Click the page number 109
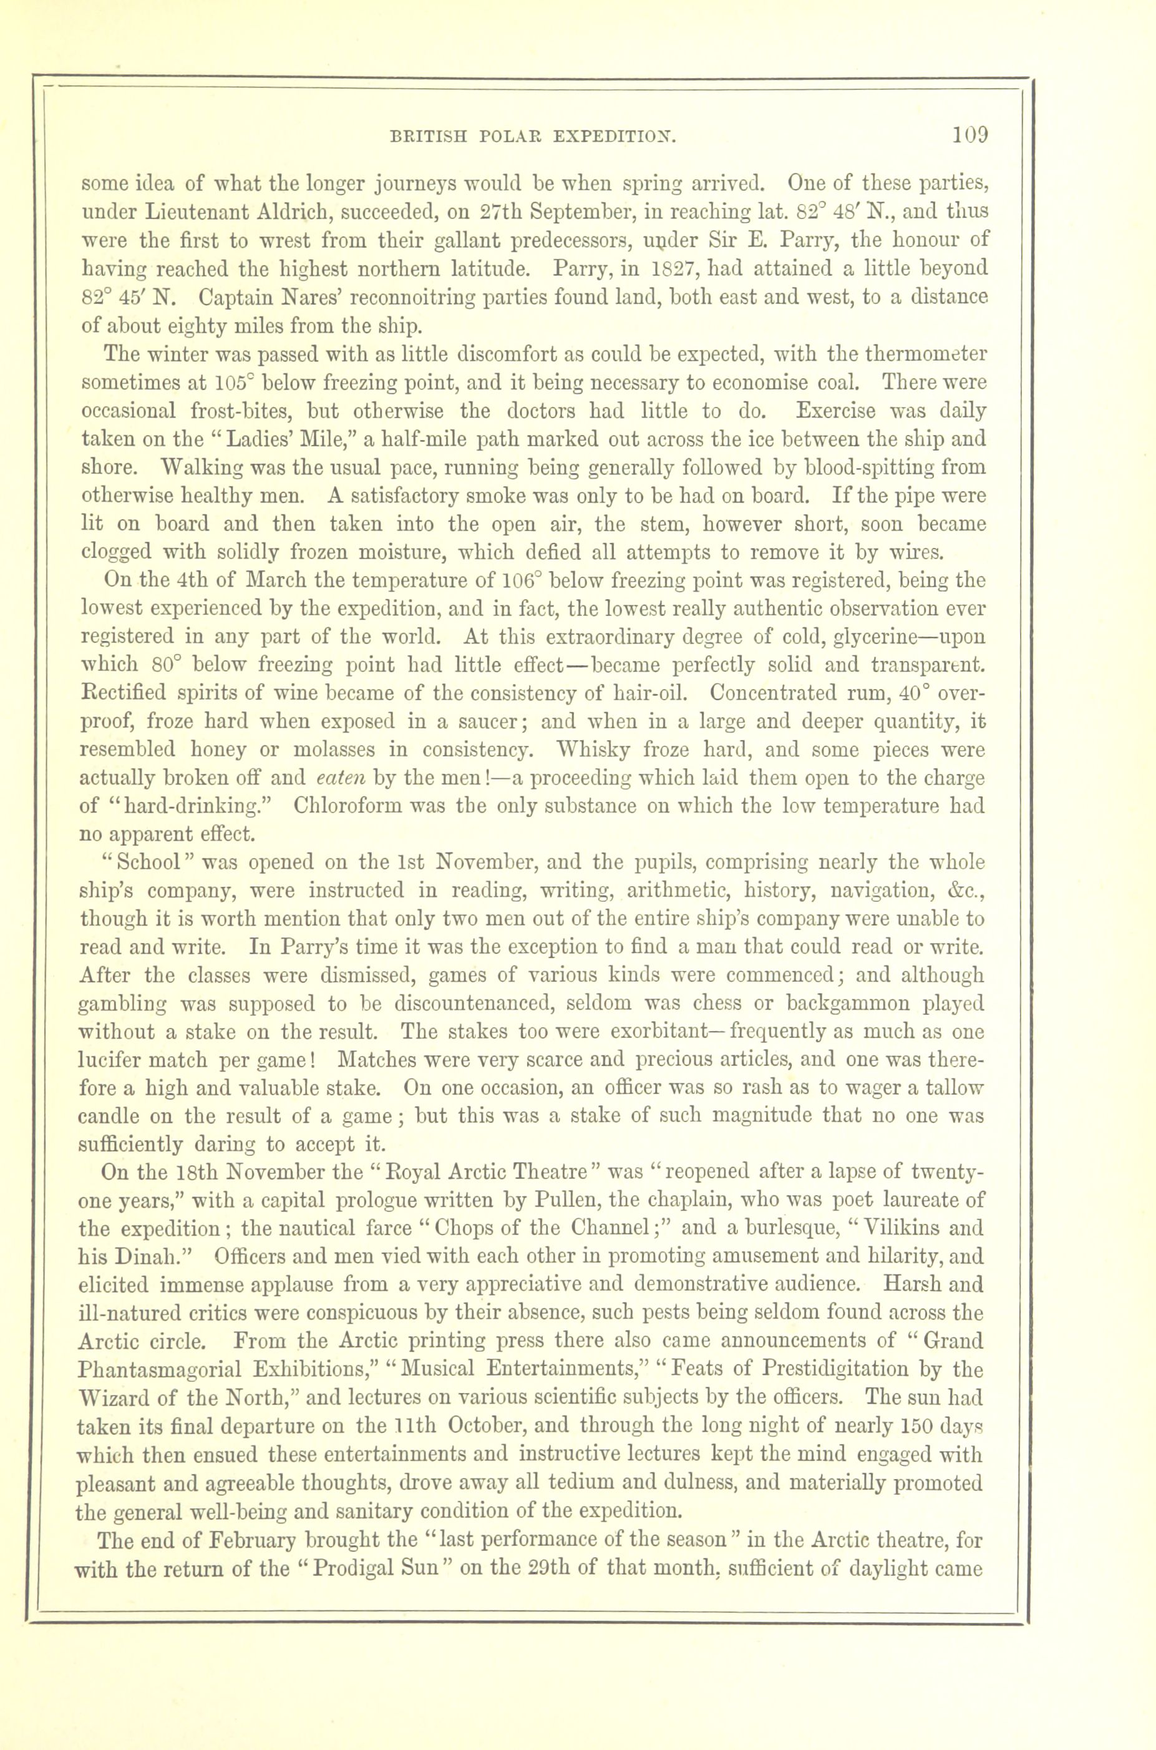click(969, 135)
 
